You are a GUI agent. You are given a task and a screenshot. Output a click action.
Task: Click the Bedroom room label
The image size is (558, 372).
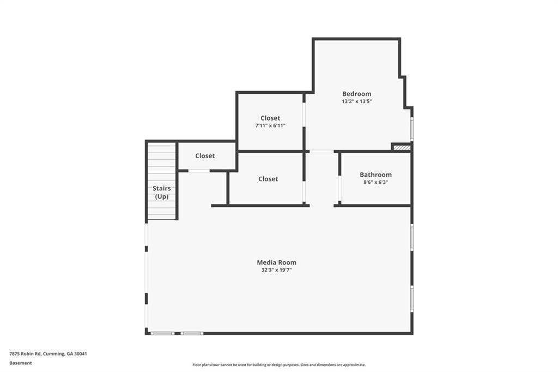pos(356,94)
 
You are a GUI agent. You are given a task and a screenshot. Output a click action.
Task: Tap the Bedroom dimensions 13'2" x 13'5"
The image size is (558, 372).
pos(356,101)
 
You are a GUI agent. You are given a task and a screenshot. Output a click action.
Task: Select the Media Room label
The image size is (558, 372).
pos(276,262)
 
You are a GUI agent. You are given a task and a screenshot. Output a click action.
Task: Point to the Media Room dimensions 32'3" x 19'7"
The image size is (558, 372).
pos(276,270)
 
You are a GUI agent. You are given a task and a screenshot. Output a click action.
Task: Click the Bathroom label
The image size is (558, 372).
pos(375,175)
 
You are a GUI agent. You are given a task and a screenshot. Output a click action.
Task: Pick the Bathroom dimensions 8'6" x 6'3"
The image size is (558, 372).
pos(375,182)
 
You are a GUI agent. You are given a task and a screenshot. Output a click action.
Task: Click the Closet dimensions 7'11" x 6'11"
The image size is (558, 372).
pos(270,125)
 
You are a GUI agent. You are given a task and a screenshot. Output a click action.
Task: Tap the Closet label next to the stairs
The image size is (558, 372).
pos(205,155)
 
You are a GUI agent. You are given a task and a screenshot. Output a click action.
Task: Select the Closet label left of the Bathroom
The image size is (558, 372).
pos(268,179)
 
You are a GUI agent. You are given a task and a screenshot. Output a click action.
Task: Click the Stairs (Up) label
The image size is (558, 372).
pos(161,193)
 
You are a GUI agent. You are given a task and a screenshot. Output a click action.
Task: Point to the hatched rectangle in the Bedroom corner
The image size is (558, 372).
pos(402,147)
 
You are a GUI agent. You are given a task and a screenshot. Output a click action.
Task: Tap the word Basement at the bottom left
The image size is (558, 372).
pos(21,363)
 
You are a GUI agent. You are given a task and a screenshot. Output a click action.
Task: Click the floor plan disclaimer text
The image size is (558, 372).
pos(279,365)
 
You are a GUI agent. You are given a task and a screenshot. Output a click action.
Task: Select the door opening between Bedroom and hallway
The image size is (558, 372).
pos(322,152)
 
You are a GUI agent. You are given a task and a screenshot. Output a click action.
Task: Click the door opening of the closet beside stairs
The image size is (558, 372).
pos(198,171)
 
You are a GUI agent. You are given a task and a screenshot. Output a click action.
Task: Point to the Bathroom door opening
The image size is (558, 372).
pos(339,188)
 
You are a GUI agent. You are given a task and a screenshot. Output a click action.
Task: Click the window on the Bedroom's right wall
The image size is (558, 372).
pos(412,129)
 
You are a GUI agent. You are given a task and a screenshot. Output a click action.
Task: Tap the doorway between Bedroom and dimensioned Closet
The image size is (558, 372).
pos(304,115)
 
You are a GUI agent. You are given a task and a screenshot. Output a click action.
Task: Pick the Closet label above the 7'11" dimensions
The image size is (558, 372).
pos(270,118)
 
